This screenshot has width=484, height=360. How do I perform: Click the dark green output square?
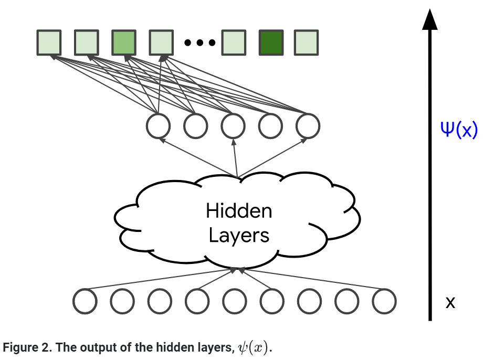point(271,43)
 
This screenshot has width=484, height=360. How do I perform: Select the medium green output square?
point(124,43)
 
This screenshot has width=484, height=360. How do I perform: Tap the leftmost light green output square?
point(49,43)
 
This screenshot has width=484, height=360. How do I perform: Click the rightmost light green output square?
point(306,43)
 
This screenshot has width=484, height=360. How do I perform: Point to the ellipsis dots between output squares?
point(200,43)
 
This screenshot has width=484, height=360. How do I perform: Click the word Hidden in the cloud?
point(239,211)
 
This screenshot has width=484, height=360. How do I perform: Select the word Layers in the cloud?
point(239,235)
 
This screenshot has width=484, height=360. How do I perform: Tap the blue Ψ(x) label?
point(458,129)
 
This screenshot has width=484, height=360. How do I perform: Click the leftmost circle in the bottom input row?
point(85,301)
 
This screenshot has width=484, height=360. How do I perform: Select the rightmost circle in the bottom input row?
point(384,301)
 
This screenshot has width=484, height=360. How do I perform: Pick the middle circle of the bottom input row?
point(234,301)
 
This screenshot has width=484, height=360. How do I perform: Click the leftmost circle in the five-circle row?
point(159,126)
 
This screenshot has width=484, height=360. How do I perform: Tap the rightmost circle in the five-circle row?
point(308,126)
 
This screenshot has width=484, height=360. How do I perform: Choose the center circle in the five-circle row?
point(233,126)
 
